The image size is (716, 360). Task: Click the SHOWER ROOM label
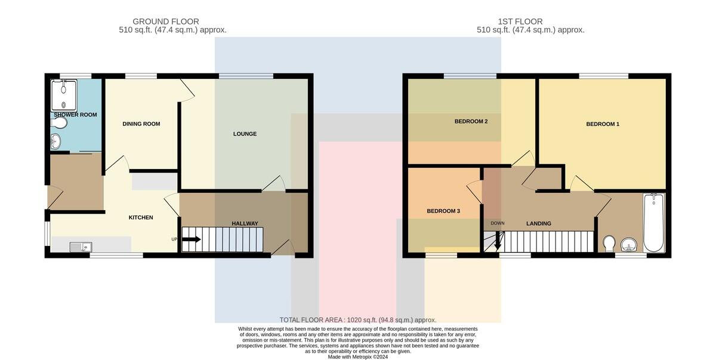pyautogui.click(x=75, y=115)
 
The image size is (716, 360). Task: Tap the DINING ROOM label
pyautogui.click(x=141, y=124)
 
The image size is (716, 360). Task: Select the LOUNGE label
pyautogui.click(x=245, y=134)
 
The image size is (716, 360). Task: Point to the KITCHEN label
pyautogui.click(x=141, y=217)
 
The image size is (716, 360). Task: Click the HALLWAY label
pyautogui.click(x=245, y=223)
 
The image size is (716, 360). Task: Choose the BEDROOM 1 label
pyautogui.click(x=603, y=124)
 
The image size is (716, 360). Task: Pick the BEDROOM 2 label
pyautogui.click(x=471, y=121)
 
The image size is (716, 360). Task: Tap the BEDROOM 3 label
pyautogui.click(x=443, y=211)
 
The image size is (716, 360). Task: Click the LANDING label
pyautogui.click(x=539, y=223)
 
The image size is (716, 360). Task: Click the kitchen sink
pyautogui.click(x=81, y=247)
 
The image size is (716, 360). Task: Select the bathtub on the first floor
pyautogui.click(x=654, y=223)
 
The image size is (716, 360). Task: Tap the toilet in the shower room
pyautogui.click(x=59, y=122)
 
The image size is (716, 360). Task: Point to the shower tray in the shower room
pyautogui.click(x=64, y=95)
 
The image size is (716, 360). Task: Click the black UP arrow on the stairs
pyautogui.click(x=192, y=239)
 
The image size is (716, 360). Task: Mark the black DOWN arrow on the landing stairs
pyautogui.click(x=498, y=240)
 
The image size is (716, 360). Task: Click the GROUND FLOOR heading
pyautogui.click(x=166, y=21)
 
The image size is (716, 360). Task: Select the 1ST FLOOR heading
pyautogui.click(x=520, y=21)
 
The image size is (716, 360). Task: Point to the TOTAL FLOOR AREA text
pyautogui.click(x=358, y=320)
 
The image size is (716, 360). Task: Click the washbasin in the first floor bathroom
pyautogui.click(x=629, y=245)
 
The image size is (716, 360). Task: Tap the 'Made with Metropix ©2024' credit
pyautogui.click(x=358, y=357)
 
